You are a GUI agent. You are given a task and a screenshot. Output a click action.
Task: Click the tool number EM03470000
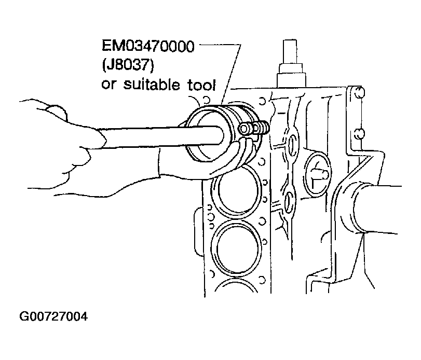tap(148, 46)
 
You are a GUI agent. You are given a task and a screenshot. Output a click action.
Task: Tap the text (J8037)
tap(128, 65)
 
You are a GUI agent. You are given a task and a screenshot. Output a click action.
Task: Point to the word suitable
tap(152, 84)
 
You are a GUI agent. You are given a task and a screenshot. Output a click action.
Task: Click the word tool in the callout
tap(201, 85)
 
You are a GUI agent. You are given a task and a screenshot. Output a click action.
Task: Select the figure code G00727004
tap(53, 316)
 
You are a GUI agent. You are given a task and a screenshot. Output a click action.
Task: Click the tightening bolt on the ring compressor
tap(254, 128)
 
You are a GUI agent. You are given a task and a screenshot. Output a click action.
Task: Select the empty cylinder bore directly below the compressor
tap(236, 190)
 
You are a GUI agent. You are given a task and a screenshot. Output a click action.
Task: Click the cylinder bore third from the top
tap(236, 248)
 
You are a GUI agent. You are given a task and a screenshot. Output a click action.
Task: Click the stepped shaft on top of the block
tap(291, 64)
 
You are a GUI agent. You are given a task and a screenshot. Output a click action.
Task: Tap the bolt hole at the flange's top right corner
tap(359, 92)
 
